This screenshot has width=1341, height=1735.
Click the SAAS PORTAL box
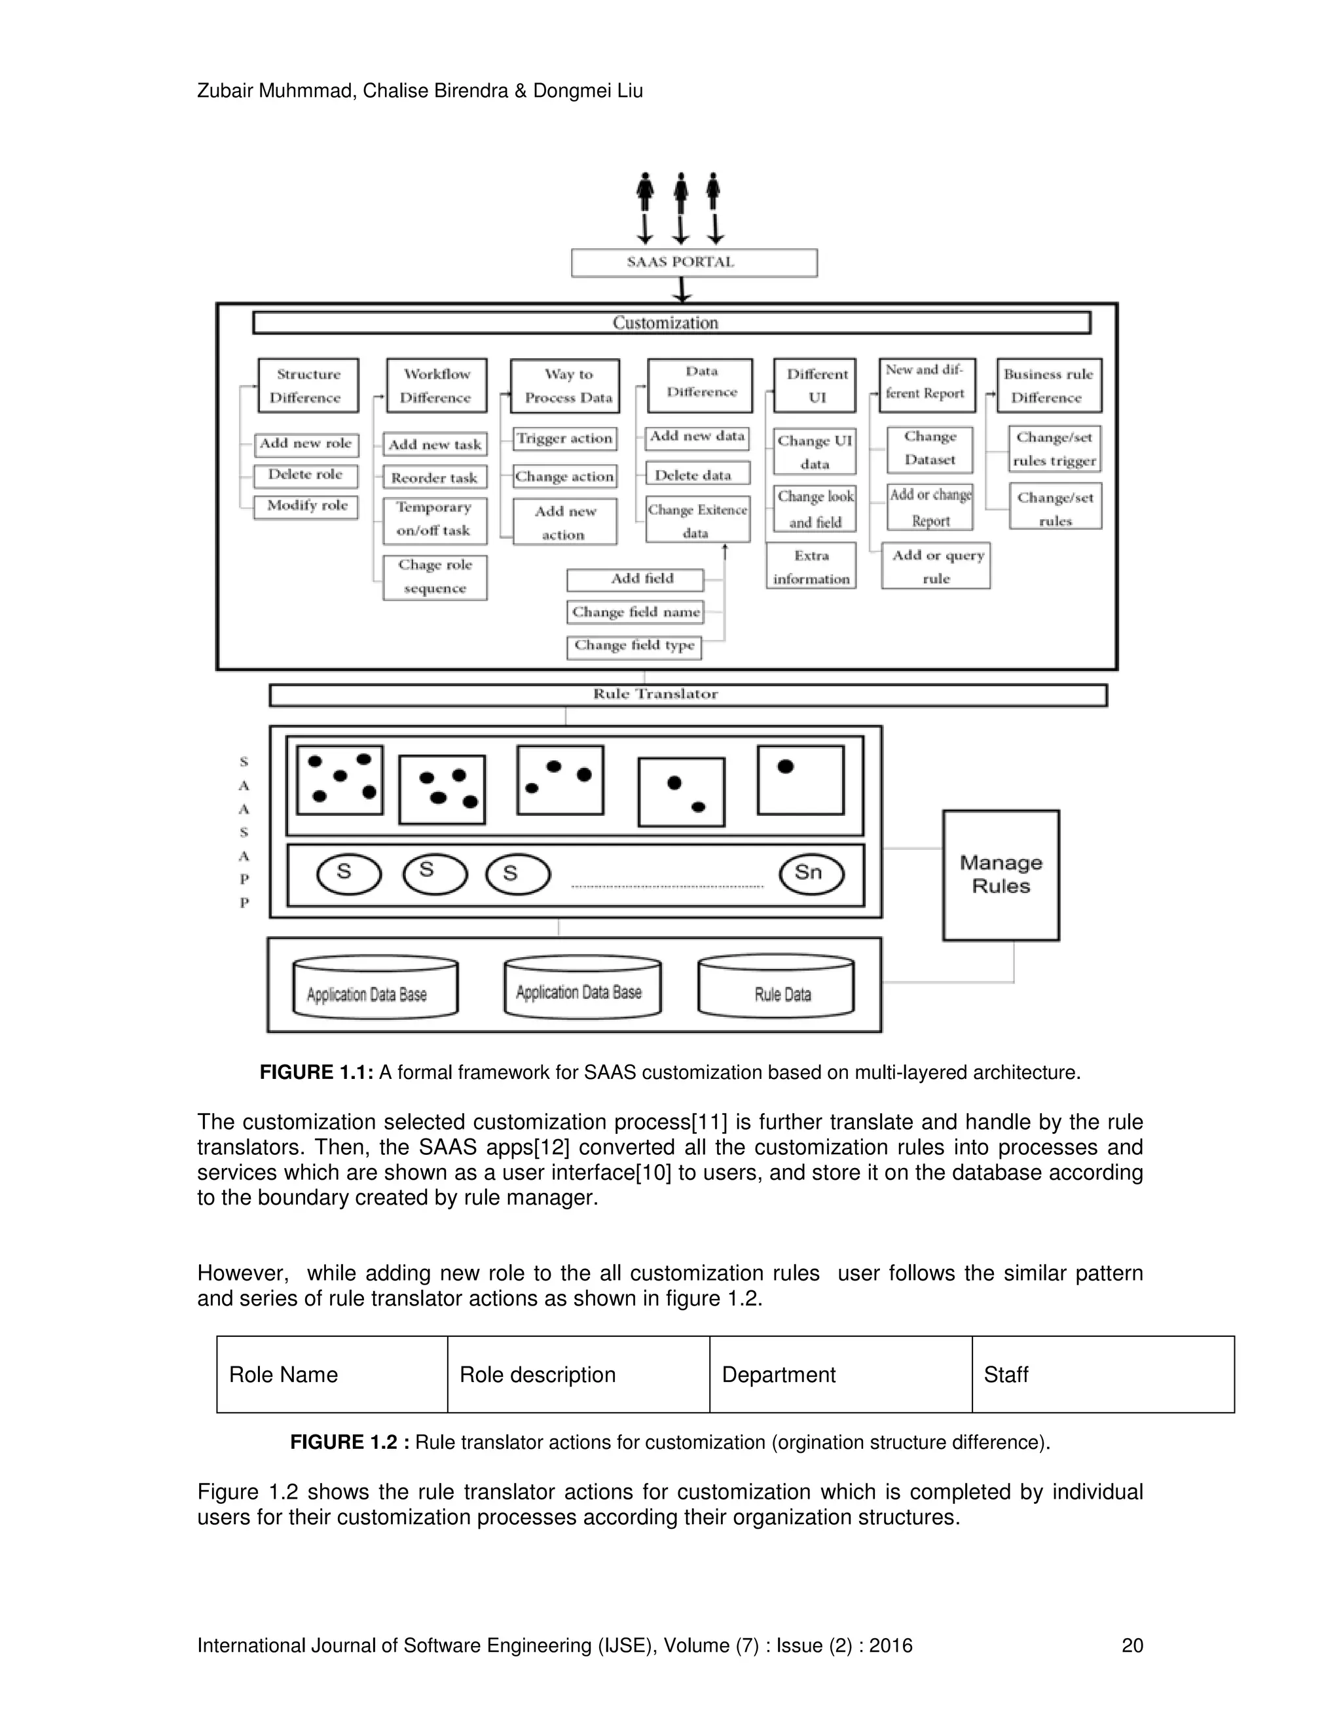pyautogui.click(x=693, y=263)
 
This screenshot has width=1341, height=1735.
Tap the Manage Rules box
pyautogui.click(x=1001, y=875)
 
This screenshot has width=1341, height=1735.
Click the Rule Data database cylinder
pyautogui.click(x=776, y=987)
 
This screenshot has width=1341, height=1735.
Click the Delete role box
pyautogui.click(x=306, y=475)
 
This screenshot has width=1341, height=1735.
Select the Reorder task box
pyautogui.click(x=435, y=477)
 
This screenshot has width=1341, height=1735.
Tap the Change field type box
pyautogui.click(x=634, y=647)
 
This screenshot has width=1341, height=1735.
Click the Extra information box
pyautogui.click(x=811, y=566)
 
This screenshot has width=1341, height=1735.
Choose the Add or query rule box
pyautogui.click(x=936, y=566)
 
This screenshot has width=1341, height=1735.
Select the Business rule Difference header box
pyautogui.click(x=1049, y=385)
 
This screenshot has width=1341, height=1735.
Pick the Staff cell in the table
pyautogui.click(x=1102, y=1374)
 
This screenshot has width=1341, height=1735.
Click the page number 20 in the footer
pyautogui.click(x=1131, y=1645)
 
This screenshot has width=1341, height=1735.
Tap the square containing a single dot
pyautogui.click(x=800, y=780)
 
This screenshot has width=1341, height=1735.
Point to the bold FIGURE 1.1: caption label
pyautogui.click(x=316, y=1072)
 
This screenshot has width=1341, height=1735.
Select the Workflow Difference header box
pyautogui.click(x=436, y=385)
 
